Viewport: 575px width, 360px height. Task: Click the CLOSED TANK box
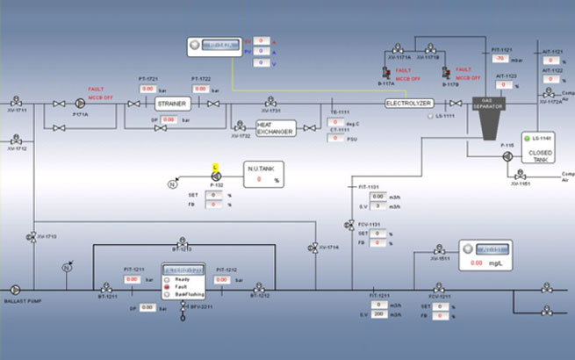pyautogui.click(x=540, y=151)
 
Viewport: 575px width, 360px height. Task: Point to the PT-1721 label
pyautogui.click(x=147, y=78)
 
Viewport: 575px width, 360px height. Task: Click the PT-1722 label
pyautogui.click(x=201, y=78)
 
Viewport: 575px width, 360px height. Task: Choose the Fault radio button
pyautogui.click(x=168, y=287)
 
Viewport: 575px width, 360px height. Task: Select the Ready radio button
pyautogui.click(x=168, y=279)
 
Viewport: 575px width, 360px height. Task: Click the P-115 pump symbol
pyautogui.click(x=507, y=155)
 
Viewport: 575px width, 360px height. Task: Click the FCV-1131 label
pyautogui.click(x=374, y=224)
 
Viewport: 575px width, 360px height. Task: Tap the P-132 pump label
pyautogui.click(x=216, y=186)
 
